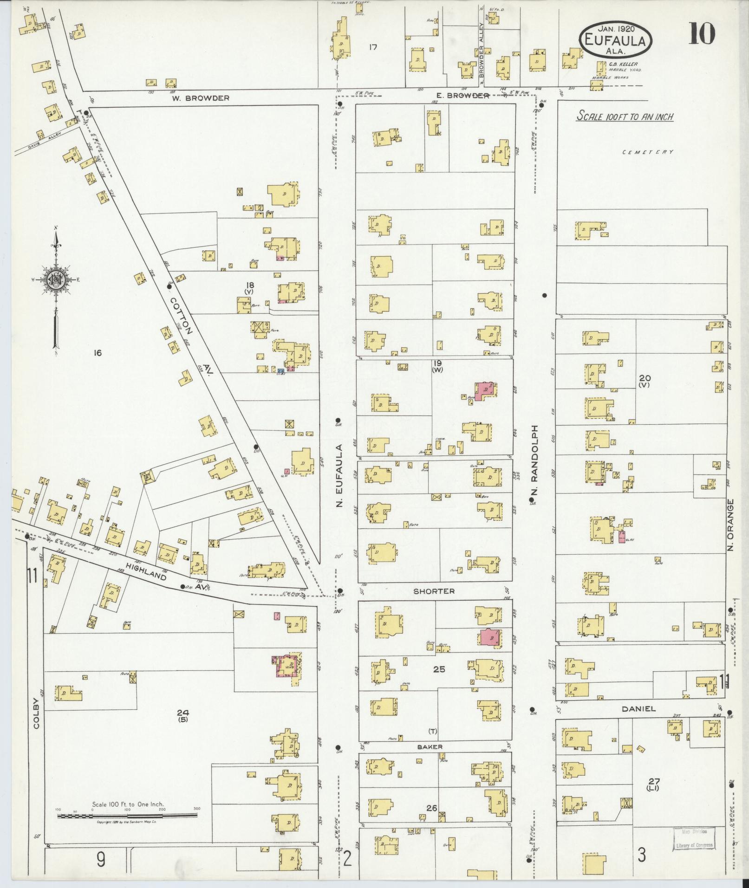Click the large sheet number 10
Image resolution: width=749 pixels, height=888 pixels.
701,33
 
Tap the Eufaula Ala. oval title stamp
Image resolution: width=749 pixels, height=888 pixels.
615,41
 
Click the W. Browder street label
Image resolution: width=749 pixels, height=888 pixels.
200,98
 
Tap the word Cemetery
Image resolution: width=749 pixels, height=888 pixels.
648,152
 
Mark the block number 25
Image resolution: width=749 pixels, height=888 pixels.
439,669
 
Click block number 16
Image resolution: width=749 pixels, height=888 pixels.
97,353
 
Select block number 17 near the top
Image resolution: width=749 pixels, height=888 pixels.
372,47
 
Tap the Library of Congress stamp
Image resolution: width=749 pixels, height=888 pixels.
694,838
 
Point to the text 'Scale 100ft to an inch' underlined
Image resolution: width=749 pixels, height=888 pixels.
625,117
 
